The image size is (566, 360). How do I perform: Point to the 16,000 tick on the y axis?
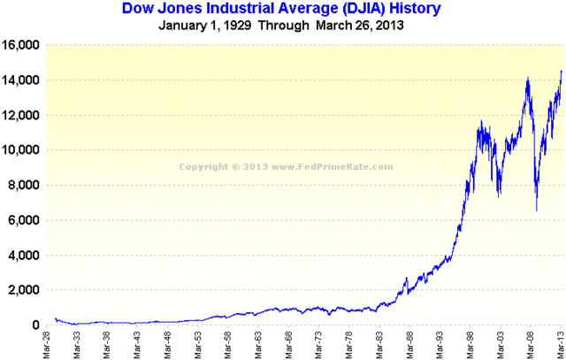21,45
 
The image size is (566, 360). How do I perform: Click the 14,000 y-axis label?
21,80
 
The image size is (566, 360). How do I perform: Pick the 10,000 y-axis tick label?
21,150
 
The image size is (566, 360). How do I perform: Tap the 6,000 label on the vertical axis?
24,220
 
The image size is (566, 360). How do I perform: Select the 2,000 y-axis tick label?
24,290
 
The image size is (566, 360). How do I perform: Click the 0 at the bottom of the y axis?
36,326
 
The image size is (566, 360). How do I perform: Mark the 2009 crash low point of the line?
537,211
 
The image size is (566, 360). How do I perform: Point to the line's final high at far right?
560,72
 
